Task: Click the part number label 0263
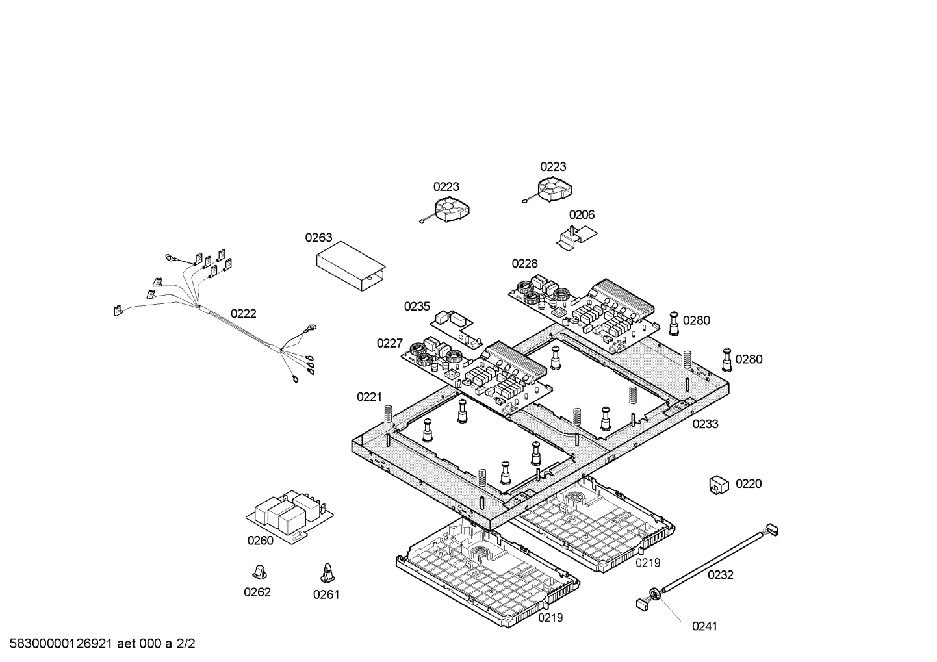point(318,238)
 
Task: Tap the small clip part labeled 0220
point(718,485)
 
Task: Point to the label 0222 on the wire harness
point(244,314)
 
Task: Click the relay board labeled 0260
point(290,514)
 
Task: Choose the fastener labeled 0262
point(260,571)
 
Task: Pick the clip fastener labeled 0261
point(327,572)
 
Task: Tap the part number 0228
point(524,264)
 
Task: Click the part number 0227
point(390,344)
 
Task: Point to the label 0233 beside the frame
point(705,424)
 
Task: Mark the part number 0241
point(704,626)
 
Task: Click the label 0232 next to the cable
point(720,575)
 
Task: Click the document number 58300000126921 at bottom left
point(58,644)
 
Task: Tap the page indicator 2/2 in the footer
point(186,644)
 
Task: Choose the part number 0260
point(260,541)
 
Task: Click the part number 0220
point(749,484)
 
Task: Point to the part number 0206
point(582,215)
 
